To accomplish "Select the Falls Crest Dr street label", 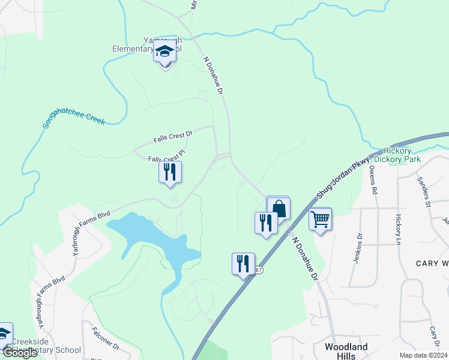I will coord(172,137).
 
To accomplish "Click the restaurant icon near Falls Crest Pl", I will coord(170,172).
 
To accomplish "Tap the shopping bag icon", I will coord(279,208).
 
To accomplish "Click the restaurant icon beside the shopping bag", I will coord(265,223).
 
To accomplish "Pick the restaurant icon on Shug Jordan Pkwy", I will coord(243,263).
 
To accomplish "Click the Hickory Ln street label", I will coord(397,229).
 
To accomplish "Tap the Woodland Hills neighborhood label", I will coord(346,351).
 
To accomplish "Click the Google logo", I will coord(20,353).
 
